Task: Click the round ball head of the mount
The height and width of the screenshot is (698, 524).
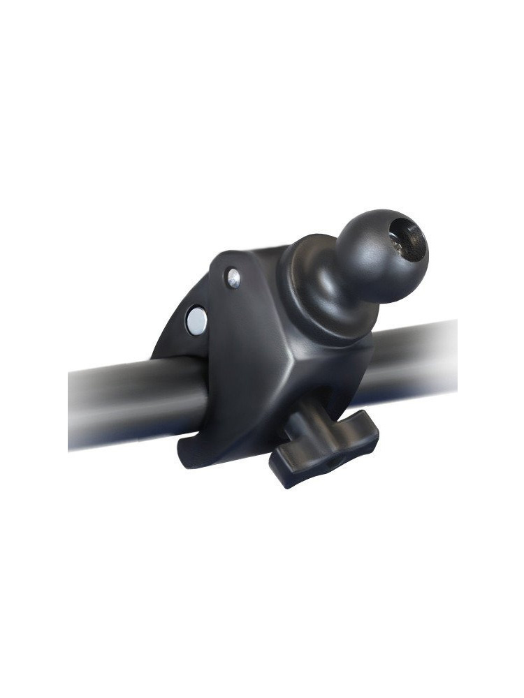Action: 381,248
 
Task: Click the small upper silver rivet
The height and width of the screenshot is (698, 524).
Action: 233,279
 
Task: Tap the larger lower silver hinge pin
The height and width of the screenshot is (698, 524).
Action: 196,320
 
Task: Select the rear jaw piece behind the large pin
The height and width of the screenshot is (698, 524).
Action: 171,335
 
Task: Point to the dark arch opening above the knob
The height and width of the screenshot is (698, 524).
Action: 335,391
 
